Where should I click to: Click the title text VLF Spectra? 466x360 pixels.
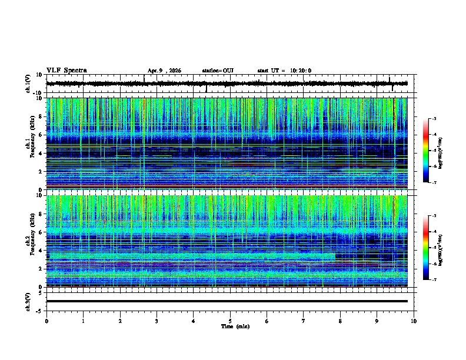click(66, 71)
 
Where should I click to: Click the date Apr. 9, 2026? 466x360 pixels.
click(164, 71)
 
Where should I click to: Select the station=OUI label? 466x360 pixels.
click(218, 71)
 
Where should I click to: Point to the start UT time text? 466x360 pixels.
click(284, 71)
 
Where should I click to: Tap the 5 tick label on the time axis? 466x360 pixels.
click(230, 321)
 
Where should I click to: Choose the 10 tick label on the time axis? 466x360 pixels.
click(414, 321)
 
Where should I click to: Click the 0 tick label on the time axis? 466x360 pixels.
click(46, 321)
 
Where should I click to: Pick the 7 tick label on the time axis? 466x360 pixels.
click(304, 321)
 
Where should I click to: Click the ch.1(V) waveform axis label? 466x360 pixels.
click(28, 84)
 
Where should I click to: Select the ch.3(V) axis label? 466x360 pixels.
click(28, 301)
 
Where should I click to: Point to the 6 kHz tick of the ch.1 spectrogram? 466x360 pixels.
click(41, 135)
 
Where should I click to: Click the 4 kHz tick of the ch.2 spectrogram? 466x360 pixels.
click(41, 250)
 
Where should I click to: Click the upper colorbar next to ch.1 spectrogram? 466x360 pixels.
click(426, 152)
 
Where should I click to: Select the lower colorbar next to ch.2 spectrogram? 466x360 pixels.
click(426, 248)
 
